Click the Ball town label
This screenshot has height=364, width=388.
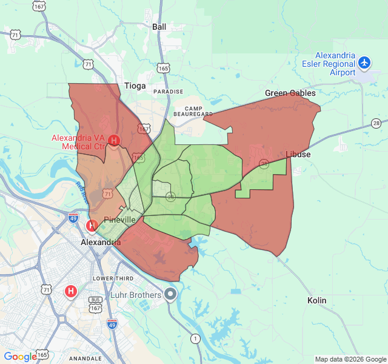point(159,27)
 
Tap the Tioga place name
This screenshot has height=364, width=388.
point(135,86)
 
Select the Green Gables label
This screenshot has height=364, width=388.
point(290,93)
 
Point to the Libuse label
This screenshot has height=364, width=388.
point(298,154)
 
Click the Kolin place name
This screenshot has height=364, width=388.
point(316,300)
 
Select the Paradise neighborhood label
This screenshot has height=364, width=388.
point(167,92)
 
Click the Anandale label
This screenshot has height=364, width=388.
point(85,359)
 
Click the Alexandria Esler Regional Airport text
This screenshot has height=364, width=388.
point(329,64)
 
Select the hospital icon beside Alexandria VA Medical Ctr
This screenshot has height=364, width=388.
point(113,141)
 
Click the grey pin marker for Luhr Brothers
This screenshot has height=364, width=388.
point(170,295)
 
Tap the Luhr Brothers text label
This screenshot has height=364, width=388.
point(136,295)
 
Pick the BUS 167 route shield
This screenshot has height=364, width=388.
point(95,303)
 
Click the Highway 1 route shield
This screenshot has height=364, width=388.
point(195,338)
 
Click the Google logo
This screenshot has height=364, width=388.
point(20,357)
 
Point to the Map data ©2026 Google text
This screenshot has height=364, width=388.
point(350,359)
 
